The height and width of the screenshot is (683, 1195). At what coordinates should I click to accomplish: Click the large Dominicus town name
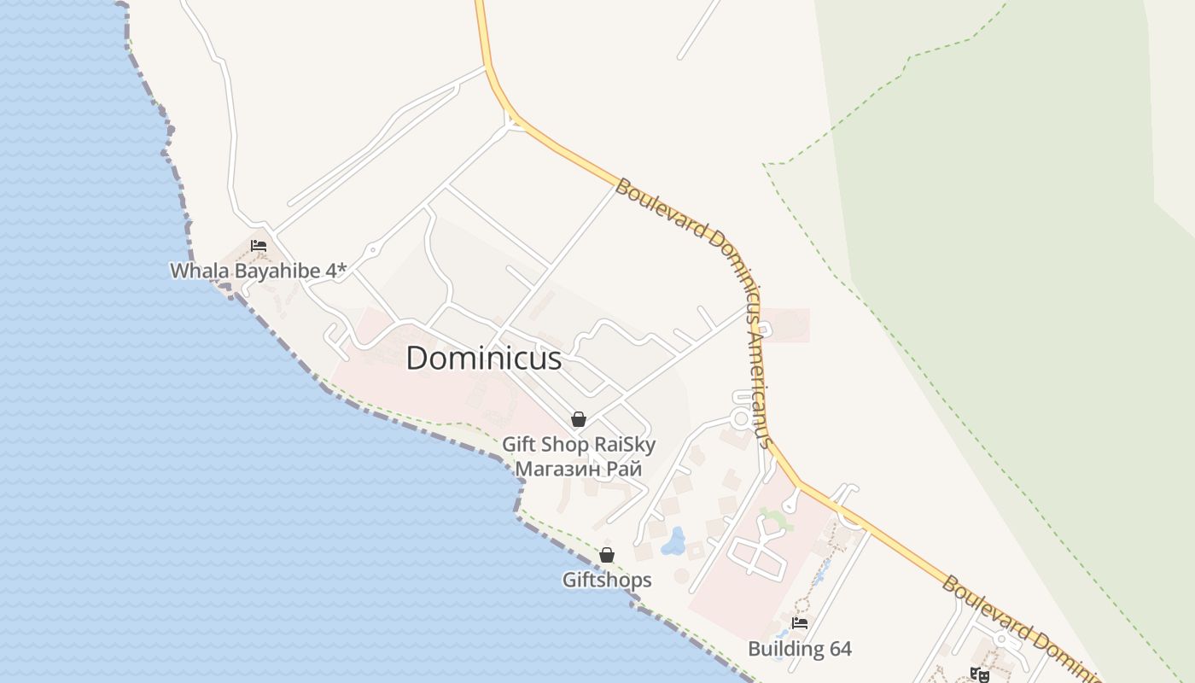pyautogui.click(x=483, y=359)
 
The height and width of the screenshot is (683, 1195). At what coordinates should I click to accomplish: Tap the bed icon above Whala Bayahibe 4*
pyautogui.click(x=258, y=245)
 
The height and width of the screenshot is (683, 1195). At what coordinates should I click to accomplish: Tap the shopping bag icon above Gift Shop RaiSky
pyautogui.click(x=578, y=419)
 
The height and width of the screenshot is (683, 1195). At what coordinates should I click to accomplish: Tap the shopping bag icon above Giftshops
pyautogui.click(x=606, y=555)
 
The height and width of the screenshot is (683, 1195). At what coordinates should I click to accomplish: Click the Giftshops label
pyautogui.click(x=606, y=581)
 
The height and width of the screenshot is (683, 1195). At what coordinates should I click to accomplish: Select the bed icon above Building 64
pyautogui.click(x=799, y=624)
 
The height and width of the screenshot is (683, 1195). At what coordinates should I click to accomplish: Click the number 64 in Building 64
pyautogui.click(x=840, y=649)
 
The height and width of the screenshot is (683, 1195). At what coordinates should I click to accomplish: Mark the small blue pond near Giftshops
pyautogui.click(x=674, y=541)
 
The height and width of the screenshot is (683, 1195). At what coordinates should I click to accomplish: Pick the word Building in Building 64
pyautogui.click(x=786, y=649)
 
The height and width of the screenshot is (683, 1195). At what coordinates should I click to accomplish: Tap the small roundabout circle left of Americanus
pyautogui.click(x=740, y=420)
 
